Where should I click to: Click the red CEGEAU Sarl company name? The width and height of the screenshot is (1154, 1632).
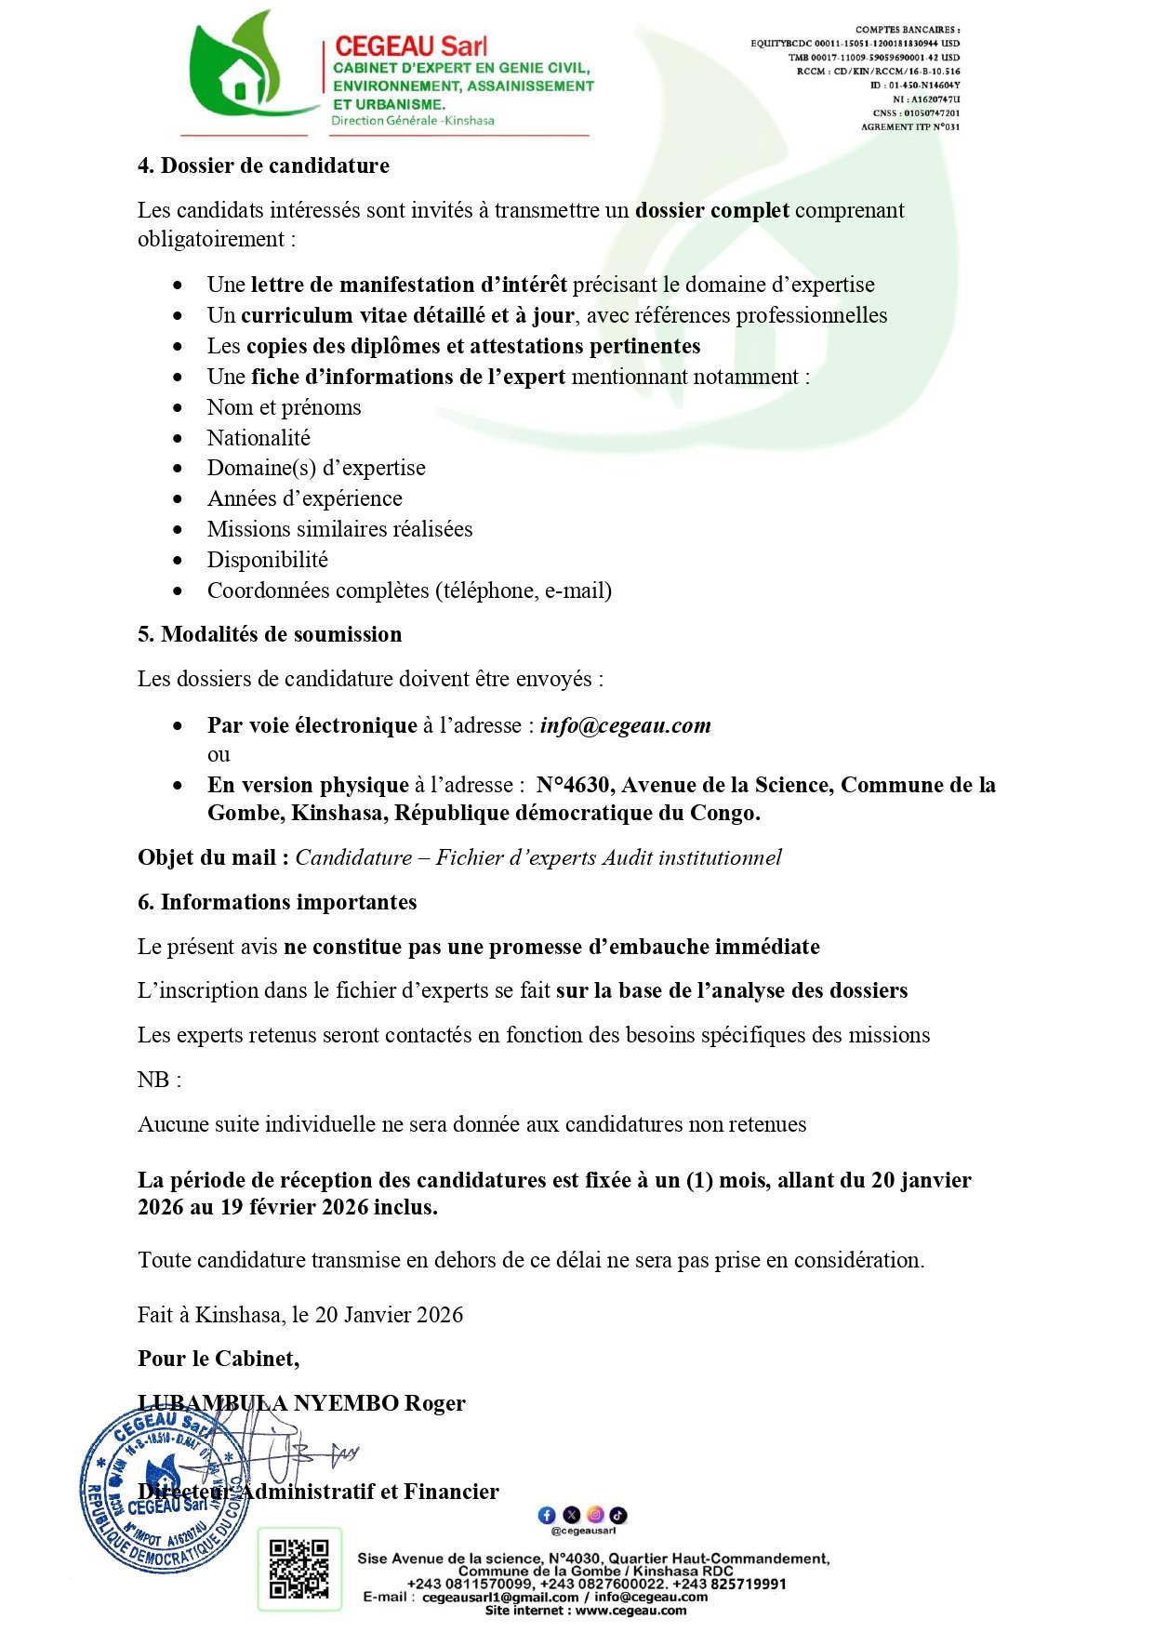click(410, 46)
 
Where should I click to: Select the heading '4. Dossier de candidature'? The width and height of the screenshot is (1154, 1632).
click(263, 166)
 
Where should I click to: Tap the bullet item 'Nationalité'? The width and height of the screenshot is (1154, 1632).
click(259, 438)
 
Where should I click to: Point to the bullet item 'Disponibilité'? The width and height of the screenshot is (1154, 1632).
click(267, 560)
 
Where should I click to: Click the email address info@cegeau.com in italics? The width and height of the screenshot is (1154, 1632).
click(625, 726)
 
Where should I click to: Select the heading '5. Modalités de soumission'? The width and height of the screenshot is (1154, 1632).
click(270, 635)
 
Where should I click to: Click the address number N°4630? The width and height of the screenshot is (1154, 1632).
click(573, 786)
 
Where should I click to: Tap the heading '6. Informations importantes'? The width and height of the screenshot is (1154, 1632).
click(277, 903)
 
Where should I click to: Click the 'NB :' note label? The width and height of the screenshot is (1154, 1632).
click(159, 1081)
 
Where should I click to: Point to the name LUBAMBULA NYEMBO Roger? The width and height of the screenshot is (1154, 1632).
click(301, 1403)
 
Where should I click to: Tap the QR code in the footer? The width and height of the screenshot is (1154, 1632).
click(298, 1569)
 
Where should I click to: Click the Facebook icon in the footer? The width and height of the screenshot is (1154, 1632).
click(547, 1516)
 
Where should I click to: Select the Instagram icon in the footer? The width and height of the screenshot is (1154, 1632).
click(595, 1516)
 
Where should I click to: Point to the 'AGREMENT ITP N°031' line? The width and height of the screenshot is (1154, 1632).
click(909, 127)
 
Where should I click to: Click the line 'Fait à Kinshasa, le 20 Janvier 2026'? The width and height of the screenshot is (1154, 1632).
click(300, 1315)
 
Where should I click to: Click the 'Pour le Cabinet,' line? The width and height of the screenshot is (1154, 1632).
click(219, 1360)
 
